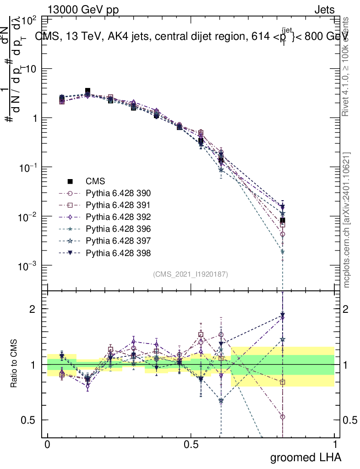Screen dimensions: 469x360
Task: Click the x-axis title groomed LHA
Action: click(306, 457)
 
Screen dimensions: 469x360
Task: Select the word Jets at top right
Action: click(324, 10)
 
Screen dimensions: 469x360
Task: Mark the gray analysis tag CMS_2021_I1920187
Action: click(191, 274)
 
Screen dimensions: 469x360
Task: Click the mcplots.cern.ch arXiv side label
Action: click(347, 220)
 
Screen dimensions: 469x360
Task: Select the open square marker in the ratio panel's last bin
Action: click(283, 382)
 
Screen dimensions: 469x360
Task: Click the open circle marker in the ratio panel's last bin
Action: click(283, 417)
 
